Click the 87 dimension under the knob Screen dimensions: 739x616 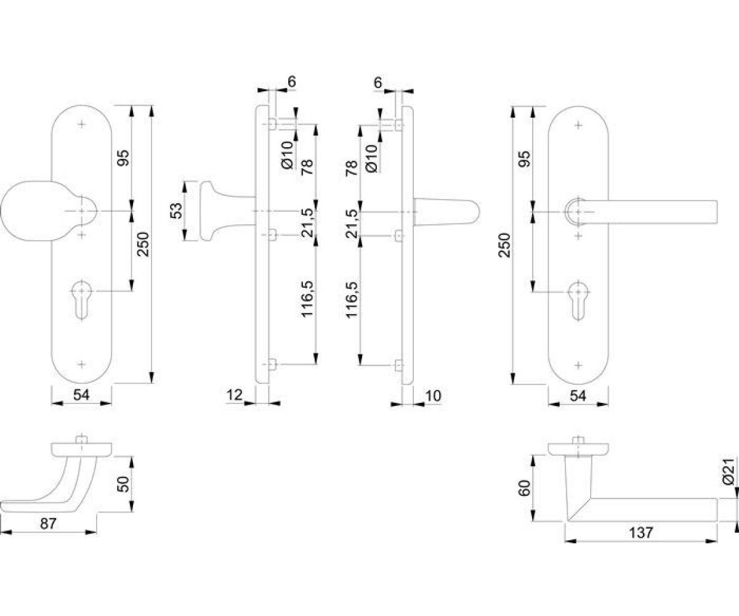(48, 524)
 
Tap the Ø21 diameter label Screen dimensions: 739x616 (729, 471)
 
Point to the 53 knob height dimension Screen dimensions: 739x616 (177, 211)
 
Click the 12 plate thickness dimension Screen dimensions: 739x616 (234, 395)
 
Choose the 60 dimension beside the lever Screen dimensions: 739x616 (524, 488)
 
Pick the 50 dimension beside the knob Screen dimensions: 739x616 (123, 484)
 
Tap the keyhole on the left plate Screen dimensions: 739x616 (82, 299)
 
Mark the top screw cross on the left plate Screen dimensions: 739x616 (82, 124)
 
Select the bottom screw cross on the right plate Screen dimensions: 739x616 (578, 365)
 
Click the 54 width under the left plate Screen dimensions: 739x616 (81, 395)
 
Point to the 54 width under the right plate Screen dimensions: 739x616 (578, 396)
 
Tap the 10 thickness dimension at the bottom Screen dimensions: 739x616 (433, 396)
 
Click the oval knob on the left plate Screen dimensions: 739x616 (49, 211)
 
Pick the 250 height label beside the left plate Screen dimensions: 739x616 (143, 244)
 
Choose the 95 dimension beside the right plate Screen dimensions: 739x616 (525, 158)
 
